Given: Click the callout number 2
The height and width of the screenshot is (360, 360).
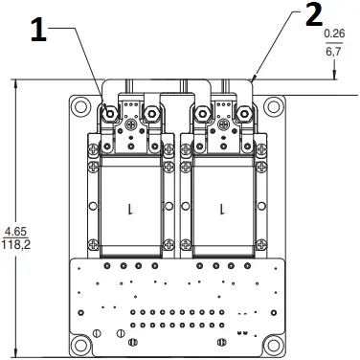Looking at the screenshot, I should (314, 15).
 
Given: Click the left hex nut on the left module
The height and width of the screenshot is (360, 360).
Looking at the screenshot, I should (111, 115).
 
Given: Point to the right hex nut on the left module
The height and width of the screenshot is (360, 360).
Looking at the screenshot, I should (151, 115).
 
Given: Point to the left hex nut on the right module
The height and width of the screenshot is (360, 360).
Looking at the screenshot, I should (202, 115).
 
